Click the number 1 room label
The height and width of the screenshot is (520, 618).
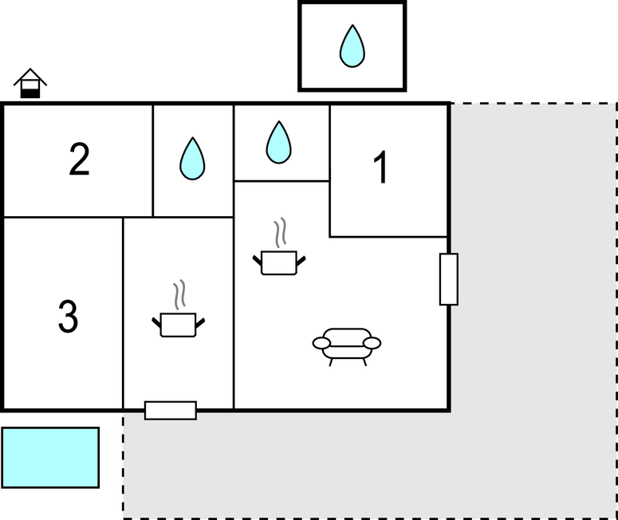(381, 167)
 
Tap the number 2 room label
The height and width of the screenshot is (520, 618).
(79, 159)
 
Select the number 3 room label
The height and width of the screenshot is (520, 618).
(69, 316)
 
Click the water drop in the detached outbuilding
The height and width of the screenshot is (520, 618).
(352, 46)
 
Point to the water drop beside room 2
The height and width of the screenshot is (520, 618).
(192, 159)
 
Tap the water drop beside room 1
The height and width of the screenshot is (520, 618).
(278, 142)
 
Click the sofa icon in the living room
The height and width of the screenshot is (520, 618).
(347, 347)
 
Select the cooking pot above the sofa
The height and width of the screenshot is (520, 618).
(279, 262)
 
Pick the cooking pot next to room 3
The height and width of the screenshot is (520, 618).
(178, 325)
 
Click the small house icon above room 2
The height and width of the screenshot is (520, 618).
(30, 83)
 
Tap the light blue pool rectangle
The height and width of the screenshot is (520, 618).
(50, 458)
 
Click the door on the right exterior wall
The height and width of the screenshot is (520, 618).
(449, 279)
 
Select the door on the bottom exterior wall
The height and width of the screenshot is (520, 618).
(171, 411)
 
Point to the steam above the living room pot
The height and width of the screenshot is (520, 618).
(280, 233)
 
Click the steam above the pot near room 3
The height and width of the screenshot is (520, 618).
(179, 295)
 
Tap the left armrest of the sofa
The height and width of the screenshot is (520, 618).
(321, 344)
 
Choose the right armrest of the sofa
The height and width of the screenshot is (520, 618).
(372, 344)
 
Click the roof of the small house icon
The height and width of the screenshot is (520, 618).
(30, 76)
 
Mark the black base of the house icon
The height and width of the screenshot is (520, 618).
(30, 94)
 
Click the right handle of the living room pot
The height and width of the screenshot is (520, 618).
(301, 261)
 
